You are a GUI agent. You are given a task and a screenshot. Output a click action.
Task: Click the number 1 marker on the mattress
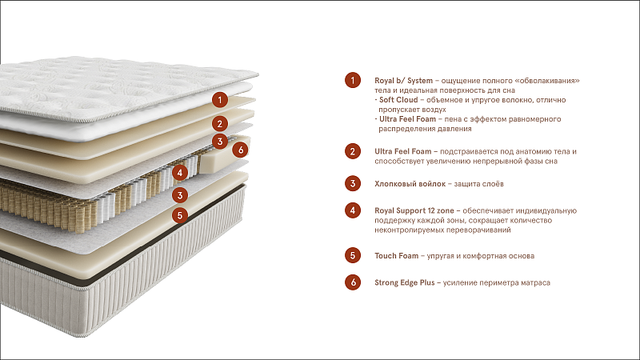220,99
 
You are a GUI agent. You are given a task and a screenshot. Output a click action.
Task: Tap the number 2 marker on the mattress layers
220,124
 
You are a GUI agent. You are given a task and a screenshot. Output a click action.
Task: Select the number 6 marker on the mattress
241,150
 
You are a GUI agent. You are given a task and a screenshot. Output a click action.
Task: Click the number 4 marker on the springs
179,173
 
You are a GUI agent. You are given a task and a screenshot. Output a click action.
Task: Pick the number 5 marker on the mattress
179,215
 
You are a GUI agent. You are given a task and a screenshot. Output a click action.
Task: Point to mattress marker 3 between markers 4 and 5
179,195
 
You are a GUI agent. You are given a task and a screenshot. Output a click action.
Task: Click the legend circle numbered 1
353,81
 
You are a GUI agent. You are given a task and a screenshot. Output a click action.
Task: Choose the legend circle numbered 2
353,151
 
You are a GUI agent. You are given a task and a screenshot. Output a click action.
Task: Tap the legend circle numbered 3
353,184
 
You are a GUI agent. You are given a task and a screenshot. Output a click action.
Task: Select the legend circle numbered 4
353,210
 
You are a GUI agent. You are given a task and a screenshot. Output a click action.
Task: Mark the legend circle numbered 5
353,255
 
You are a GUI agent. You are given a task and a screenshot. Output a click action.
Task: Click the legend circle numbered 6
353,282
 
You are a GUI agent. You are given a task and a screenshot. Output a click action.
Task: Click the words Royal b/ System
404,81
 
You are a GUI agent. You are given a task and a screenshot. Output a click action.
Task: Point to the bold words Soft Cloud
398,99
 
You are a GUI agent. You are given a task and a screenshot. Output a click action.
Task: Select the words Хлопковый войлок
410,184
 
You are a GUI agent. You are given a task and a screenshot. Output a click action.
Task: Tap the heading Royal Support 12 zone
414,211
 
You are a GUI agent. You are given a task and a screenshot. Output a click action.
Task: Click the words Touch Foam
396,256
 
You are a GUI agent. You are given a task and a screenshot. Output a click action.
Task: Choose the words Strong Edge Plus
405,283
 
